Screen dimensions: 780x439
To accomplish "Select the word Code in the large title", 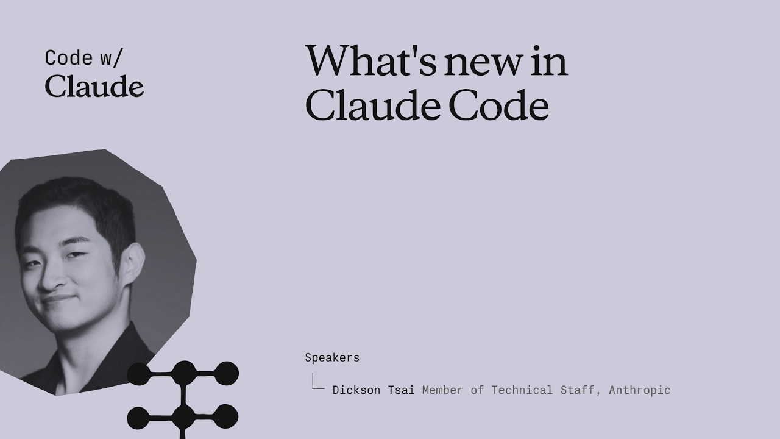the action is tap(499, 105).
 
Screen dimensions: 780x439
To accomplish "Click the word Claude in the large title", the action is tap(372, 104).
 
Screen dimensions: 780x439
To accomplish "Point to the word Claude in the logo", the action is tap(94, 86).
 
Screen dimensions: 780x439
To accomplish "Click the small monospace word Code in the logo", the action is tap(69, 58).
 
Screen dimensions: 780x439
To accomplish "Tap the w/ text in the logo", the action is tap(112, 58).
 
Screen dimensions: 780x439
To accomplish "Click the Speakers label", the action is tap(332, 358).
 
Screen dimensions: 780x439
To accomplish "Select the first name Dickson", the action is tap(356, 390).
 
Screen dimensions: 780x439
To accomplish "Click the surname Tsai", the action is tap(401, 390).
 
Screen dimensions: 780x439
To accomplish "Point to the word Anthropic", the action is tap(640, 390).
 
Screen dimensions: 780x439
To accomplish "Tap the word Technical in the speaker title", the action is tap(522, 390).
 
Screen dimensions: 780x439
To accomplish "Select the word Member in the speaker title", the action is tap(442, 390).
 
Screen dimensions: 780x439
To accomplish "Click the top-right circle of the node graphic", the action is tap(226, 373).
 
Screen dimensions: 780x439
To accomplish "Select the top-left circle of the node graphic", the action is tap(139, 374).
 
